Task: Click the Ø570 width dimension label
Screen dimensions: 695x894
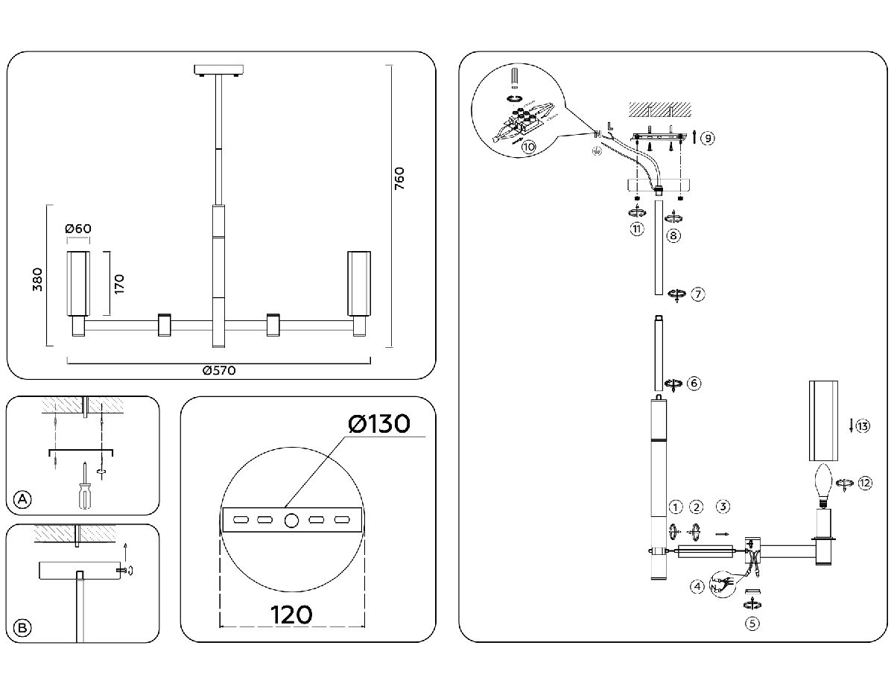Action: coord(219,371)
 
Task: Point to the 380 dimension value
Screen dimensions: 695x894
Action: coord(38,278)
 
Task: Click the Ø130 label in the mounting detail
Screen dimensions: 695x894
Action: coord(378,425)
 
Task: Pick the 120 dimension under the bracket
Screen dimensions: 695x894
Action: coord(291,615)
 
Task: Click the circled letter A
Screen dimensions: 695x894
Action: coord(23,499)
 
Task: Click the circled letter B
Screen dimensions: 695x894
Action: coord(23,628)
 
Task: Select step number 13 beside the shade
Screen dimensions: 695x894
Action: coord(863,427)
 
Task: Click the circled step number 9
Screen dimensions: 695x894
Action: coord(708,138)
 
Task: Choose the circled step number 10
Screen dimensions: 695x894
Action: coord(528,147)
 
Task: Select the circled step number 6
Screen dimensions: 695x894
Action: coord(694,384)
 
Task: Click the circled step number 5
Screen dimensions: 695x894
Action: coord(752,624)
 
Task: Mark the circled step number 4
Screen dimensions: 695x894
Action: coord(697,587)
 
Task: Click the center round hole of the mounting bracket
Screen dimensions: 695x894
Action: coord(291,519)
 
